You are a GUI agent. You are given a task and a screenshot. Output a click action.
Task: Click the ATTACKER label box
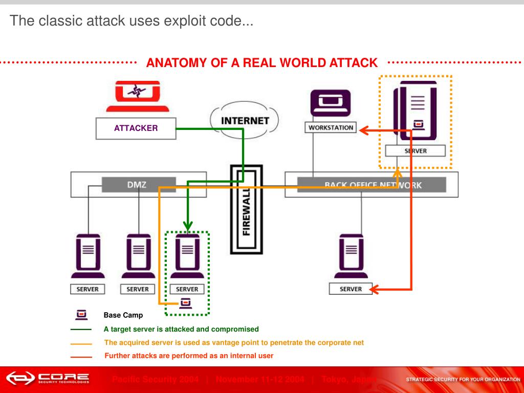click(136, 128)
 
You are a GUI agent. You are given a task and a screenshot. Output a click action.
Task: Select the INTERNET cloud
click(245, 121)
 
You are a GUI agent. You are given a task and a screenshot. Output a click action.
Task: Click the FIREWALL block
click(246, 209)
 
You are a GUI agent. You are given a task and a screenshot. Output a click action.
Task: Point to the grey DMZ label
click(138, 185)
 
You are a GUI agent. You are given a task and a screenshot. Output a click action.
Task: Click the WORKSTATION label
click(331, 127)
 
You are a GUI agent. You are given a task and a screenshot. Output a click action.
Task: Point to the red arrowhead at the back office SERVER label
click(374, 290)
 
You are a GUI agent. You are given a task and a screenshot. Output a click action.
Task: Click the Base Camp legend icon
click(81, 315)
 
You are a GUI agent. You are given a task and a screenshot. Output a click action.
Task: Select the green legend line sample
click(81, 330)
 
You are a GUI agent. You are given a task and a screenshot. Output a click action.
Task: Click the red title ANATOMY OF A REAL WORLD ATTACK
click(261, 63)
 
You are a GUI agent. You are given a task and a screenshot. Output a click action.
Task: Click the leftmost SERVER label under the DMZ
click(87, 289)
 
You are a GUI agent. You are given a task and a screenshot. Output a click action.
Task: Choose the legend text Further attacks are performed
click(189, 356)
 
